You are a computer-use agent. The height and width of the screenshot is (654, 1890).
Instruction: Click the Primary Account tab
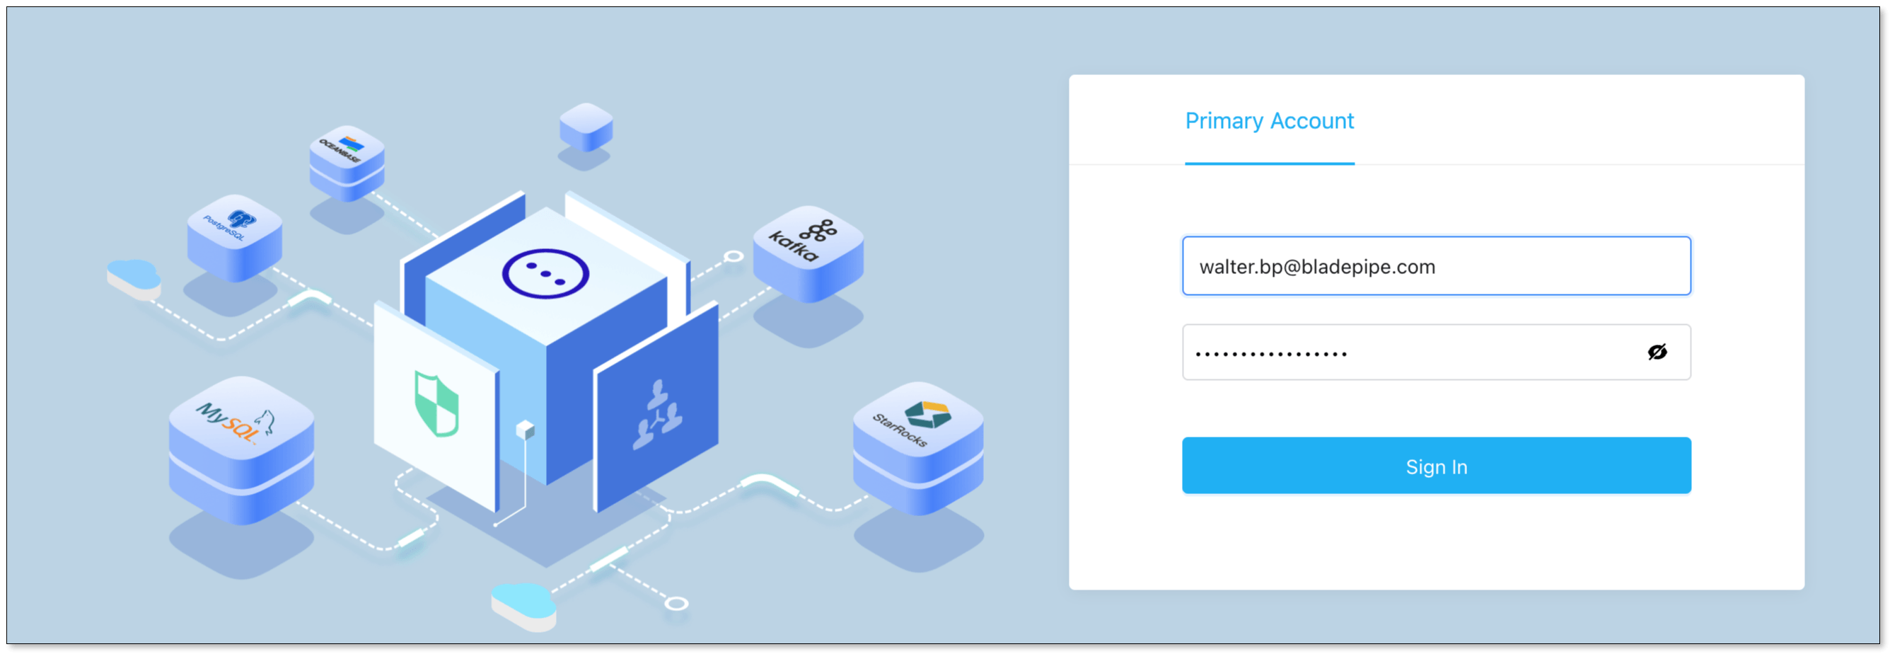point(1268,121)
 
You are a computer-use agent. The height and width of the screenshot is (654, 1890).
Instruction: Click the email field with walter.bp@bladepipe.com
point(1436,266)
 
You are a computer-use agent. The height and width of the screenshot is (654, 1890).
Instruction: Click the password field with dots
point(1409,353)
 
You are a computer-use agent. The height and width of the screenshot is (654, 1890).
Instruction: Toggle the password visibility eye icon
point(1657,353)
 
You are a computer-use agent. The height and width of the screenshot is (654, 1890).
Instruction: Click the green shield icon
point(436,403)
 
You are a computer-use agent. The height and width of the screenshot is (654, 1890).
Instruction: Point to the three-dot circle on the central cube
point(545,275)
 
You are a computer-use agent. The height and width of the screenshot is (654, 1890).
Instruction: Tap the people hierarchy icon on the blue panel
point(657,415)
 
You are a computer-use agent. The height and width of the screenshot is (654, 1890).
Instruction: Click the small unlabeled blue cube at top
point(586,126)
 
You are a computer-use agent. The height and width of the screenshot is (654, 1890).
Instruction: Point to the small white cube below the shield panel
point(526,430)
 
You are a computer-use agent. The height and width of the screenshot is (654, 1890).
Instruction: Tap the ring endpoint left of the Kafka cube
point(734,256)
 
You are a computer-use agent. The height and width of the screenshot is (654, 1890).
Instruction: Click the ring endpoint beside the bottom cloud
point(676,604)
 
